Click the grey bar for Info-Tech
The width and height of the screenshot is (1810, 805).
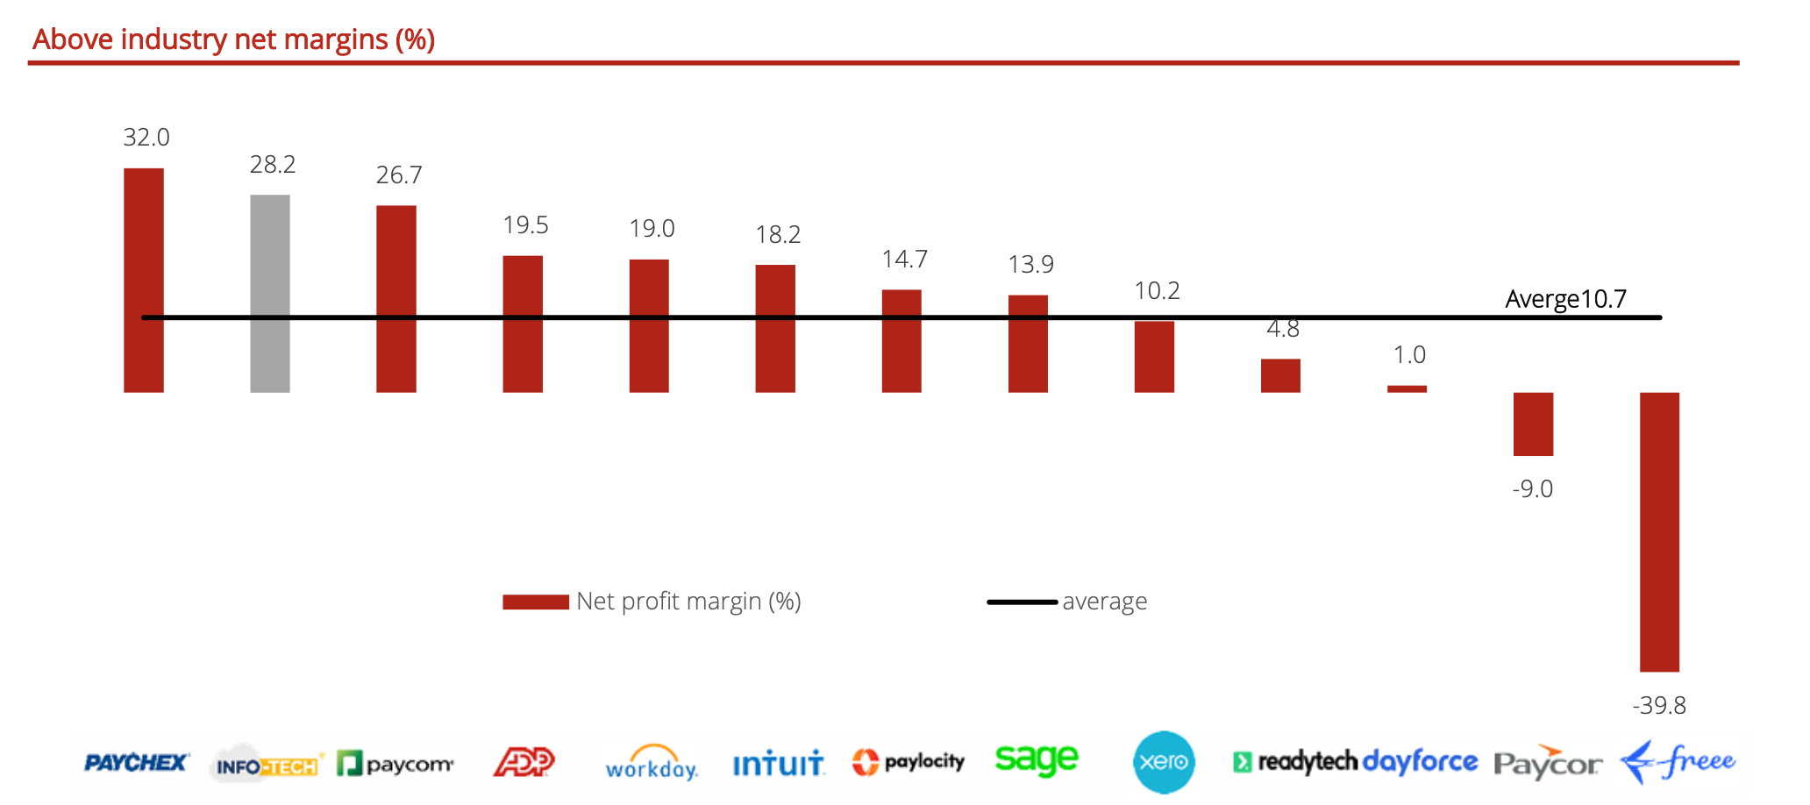[x=270, y=293]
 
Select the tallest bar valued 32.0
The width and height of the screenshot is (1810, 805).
[x=144, y=280]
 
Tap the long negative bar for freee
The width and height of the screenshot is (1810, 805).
[x=1659, y=531]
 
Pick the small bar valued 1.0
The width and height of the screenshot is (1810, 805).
[x=1407, y=388]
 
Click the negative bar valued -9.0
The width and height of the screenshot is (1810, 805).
[x=1533, y=424]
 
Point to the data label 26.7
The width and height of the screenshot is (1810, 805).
[x=399, y=175]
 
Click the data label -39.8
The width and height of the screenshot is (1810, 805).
[x=1658, y=705]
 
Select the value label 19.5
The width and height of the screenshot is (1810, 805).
[x=525, y=225]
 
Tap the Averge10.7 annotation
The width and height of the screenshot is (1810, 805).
[x=1565, y=299]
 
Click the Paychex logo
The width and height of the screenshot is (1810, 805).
[x=136, y=763]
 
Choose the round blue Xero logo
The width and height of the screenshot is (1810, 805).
[x=1164, y=762]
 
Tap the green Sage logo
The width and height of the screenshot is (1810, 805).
[x=1036, y=759]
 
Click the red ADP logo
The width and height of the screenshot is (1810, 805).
[x=524, y=761]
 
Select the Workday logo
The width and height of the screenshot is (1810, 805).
[x=652, y=763]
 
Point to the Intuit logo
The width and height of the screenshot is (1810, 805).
[x=778, y=763]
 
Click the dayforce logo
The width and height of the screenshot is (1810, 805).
[x=1421, y=761]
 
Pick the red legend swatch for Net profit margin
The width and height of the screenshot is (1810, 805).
[x=536, y=602]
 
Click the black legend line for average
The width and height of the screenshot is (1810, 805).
[x=1022, y=602]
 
